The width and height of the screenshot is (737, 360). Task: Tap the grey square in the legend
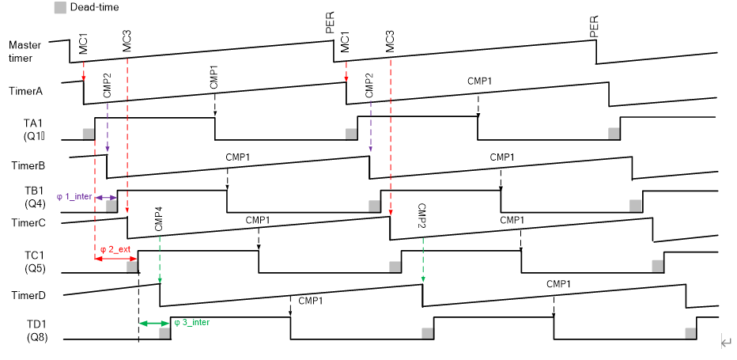(x=60, y=7)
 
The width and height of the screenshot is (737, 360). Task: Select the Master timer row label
(x=25, y=51)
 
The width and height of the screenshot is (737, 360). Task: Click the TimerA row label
(x=27, y=91)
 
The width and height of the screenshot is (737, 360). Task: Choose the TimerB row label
(x=27, y=165)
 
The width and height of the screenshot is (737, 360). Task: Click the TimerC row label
(x=27, y=222)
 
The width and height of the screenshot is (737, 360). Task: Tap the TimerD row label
(x=27, y=295)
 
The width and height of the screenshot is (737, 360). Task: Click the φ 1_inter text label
(x=75, y=196)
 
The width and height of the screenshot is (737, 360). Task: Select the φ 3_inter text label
(x=191, y=322)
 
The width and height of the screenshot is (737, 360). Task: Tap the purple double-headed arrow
(x=106, y=196)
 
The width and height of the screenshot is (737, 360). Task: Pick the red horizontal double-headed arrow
(x=116, y=259)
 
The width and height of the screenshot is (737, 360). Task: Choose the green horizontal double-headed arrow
(x=153, y=323)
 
